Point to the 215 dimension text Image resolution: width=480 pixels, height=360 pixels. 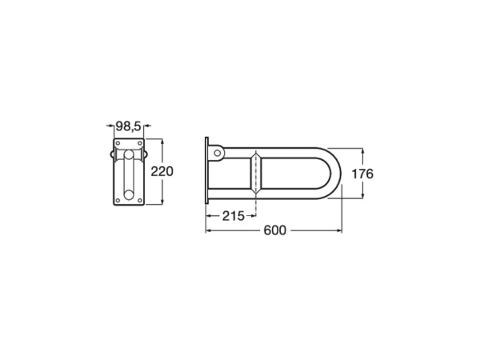(x=232, y=216)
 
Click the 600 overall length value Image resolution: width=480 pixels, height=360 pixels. (x=274, y=230)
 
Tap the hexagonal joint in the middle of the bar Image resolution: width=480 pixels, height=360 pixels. (x=254, y=173)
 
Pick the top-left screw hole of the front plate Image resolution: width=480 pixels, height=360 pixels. (x=118, y=144)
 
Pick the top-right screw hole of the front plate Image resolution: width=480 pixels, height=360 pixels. (x=139, y=144)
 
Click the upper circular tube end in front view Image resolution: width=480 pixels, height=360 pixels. (x=129, y=154)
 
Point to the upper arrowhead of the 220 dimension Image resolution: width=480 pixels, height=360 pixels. (x=162, y=141)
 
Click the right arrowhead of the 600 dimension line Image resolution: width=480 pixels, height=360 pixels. (x=342, y=230)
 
